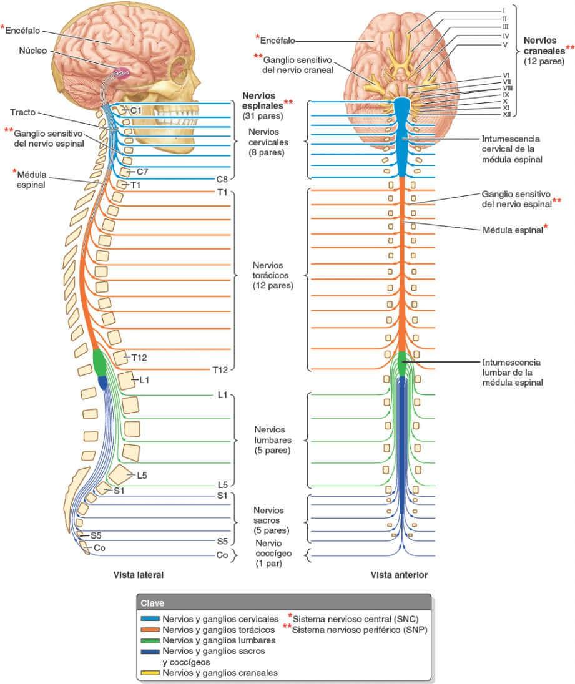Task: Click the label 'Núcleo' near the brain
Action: pyautogui.click(x=33, y=51)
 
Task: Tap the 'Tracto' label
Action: pyautogui.click(x=23, y=112)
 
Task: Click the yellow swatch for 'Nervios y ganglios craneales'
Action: pyautogui.click(x=150, y=673)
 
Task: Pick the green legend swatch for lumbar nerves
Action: pyautogui.click(x=150, y=640)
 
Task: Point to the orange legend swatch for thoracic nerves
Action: pyautogui.click(x=150, y=630)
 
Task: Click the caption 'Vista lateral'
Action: pyautogui.click(x=138, y=574)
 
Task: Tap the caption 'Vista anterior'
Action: pyautogui.click(x=399, y=574)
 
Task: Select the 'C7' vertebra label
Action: pyautogui.click(x=142, y=171)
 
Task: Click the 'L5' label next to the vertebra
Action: pyautogui.click(x=142, y=476)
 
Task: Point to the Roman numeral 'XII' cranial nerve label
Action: pyautogui.click(x=508, y=114)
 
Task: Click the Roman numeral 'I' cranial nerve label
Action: pyautogui.click(x=503, y=11)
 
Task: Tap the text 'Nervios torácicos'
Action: pyautogui.click(x=273, y=275)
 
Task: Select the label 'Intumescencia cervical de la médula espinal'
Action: pyautogui.click(x=511, y=149)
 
